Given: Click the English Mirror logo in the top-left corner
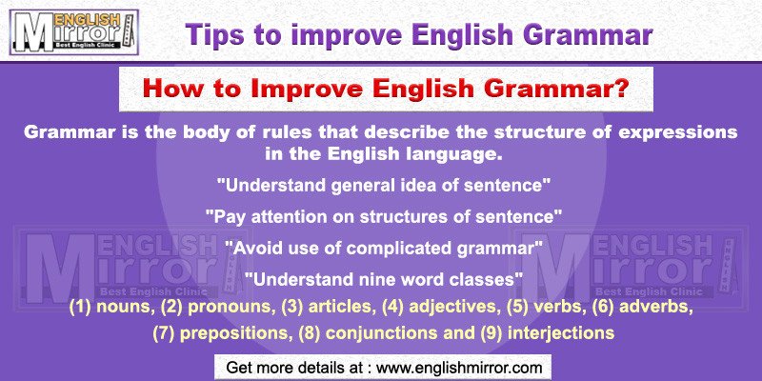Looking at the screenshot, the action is [74, 32].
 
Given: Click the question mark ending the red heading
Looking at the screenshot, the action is [622, 89].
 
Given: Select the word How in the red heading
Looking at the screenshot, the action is [168, 89].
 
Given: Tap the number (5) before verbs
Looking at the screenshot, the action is [502, 307].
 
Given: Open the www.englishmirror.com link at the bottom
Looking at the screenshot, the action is [459, 368].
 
